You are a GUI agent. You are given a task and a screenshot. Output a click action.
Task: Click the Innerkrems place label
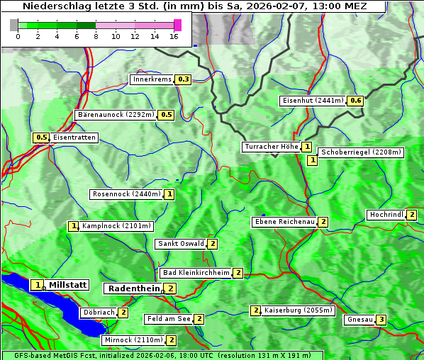pyautogui.click(x=152, y=79)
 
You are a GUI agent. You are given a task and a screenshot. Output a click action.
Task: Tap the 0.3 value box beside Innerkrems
pyautogui.click(x=184, y=79)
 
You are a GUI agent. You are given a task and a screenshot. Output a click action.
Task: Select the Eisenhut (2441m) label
pyautogui.click(x=313, y=101)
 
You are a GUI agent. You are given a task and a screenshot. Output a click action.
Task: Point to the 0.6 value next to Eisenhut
pyautogui.click(x=356, y=101)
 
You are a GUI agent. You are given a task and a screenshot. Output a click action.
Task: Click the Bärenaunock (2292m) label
pyautogui.click(x=116, y=114)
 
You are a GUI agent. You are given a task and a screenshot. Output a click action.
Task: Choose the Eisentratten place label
pyautogui.click(x=74, y=137)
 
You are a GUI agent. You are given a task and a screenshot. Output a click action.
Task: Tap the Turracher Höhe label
pyautogui.click(x=271, y=147)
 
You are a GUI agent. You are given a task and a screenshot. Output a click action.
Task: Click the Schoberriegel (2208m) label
pyautogui.click(x=361, y=152)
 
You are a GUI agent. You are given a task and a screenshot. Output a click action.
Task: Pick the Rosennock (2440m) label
pyautogui.click(x=126, y=193)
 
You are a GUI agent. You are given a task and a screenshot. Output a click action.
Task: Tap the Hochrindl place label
pyautogui.click(x=386, y=215)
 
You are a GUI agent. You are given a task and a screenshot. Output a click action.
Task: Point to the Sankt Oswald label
pyautogui.click(x=180, y=244)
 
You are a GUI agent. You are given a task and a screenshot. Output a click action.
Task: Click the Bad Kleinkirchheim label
pyautogui.click(x=196, y=273)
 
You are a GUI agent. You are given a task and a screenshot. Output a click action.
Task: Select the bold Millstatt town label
pyautogui.click(x=68, y=285)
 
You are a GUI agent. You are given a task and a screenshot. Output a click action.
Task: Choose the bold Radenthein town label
pyautogui.click(x=134, y=288)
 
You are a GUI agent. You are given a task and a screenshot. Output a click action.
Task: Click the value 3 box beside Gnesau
pyautogui.click(x=381, y=320)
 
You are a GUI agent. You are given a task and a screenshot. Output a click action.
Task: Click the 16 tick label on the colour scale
pyautogui.click(x=175, y=35)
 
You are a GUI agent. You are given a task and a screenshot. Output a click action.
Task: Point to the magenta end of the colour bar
pyautogui.click(x=178, y=25)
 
